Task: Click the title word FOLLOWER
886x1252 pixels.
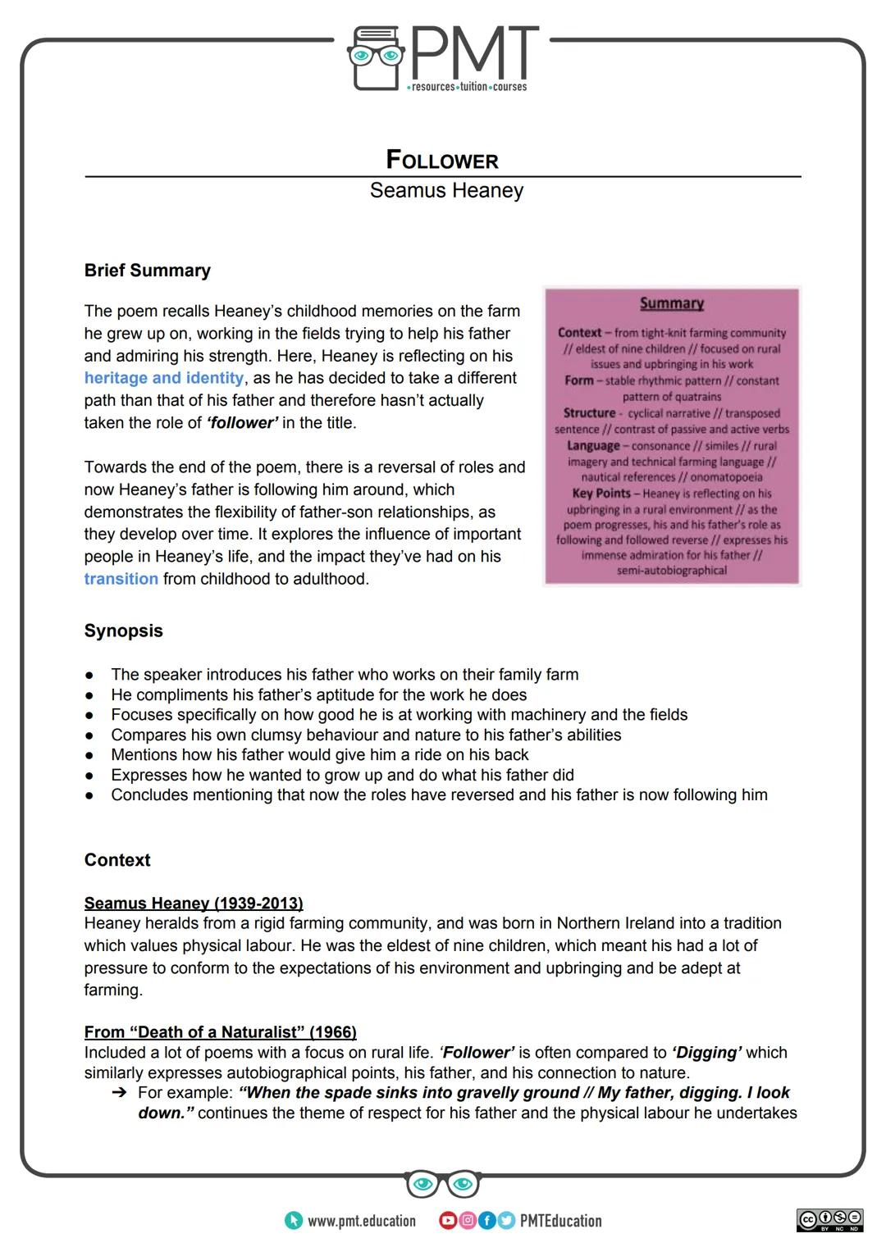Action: [x=442, y=160]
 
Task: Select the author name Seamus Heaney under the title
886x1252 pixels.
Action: [x=445, y=190]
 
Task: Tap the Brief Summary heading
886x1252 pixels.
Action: [x=148, y=271]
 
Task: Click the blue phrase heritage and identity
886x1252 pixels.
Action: [x=163, y=378]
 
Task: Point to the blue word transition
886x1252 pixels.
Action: [x=121, y=579]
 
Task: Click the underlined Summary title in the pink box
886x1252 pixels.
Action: [x=672, y=303]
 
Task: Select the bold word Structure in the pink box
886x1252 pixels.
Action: [x=589, y=413]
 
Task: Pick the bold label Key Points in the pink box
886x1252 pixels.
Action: [x=601, y=494]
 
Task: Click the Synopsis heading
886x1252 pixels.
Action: [x=123, y=631]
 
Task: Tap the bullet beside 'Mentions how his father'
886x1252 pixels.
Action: [x=89, y=755]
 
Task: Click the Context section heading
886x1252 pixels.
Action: [x=117, y=860]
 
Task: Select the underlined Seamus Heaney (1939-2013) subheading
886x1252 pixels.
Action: [x=194, y=903]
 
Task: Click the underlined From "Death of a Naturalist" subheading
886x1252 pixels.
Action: [x=220, y=1031]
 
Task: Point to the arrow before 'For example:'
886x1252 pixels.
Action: [x=120, y=1093]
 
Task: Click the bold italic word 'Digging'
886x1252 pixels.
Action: [x=707, y=1052]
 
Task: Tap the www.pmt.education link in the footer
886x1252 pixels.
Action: [x=361, y=1221]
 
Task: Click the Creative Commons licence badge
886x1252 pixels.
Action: [x=829, y=1219]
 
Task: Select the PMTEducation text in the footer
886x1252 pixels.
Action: [x=560, y=1221]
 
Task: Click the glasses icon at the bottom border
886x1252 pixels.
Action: [x=443, y=1184]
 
